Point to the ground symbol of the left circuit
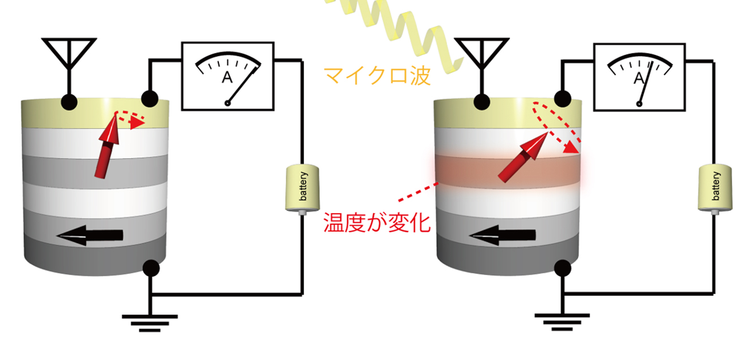pyautogui.click(x=150, y=320)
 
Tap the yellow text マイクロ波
pyautogui.click(x=377, y=75)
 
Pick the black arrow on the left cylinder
pyautogui.click(x=92, y=234)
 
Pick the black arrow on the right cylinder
pyautogui.click(x=504, y=234)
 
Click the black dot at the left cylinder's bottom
pyautogui.click(x=151, y=267)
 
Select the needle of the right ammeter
pyautogui.click(x=644, y=86)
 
